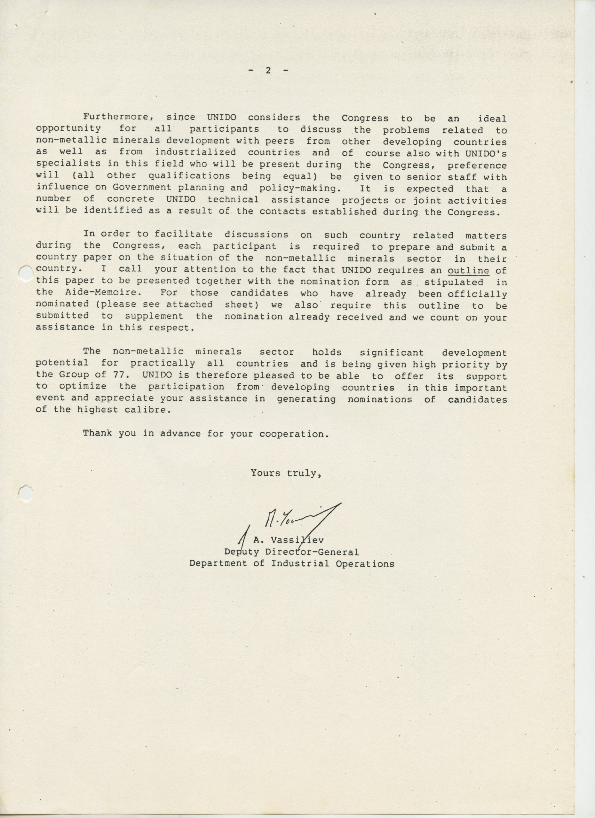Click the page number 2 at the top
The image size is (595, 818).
268,70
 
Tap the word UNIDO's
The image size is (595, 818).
486,153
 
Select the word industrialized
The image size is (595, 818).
195,152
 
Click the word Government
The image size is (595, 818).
142,187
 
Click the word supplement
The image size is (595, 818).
154,316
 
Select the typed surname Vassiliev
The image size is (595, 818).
297,540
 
